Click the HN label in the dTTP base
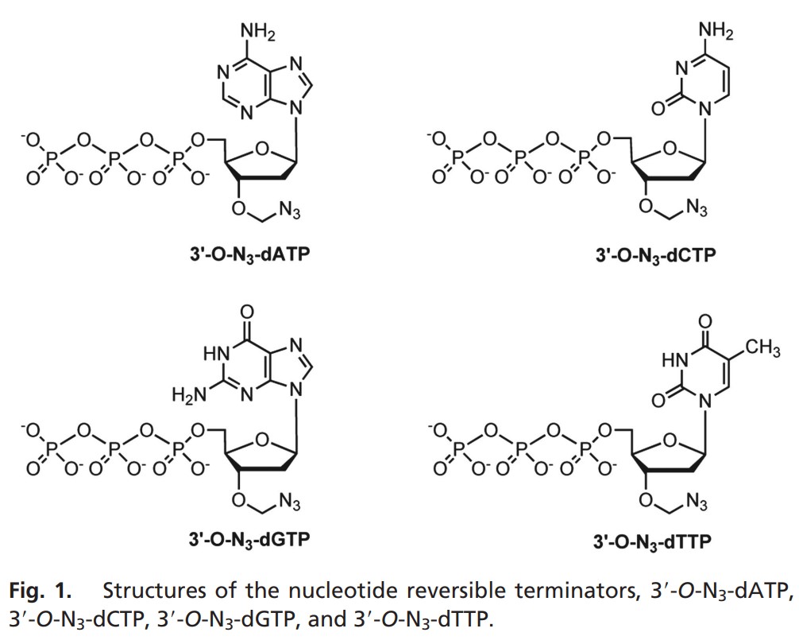(x=673, y=361)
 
